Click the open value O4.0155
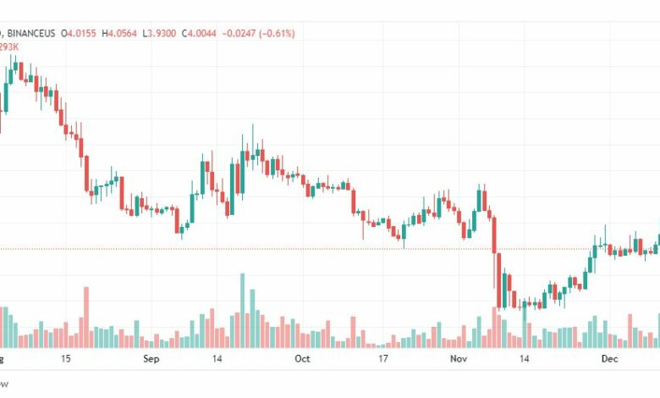[80, 33]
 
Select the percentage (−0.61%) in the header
[295, 33]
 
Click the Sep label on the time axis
[151, 359]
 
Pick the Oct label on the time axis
[302, 359]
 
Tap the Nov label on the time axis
[458, 359]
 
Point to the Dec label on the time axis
[608, 359]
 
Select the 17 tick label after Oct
[382, 359]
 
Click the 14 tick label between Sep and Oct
[217, 359]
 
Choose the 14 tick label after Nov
[524, 359]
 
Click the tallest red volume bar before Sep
[85, 318]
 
